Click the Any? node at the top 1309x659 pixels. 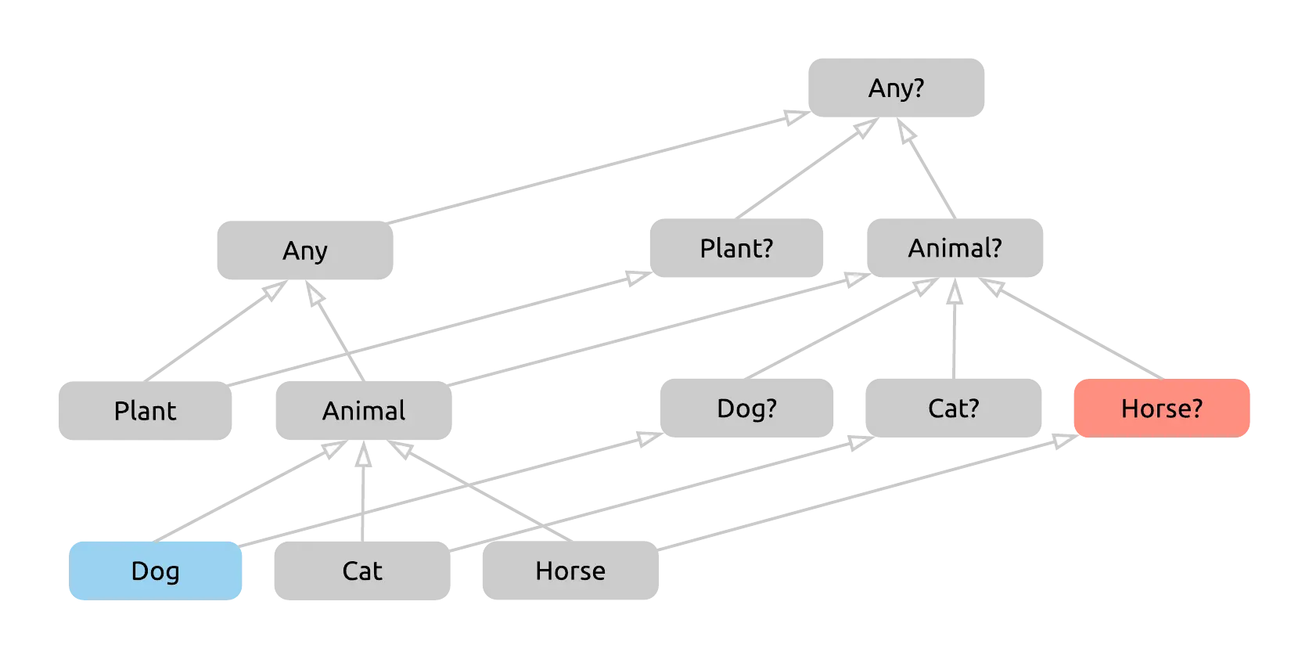coord(897,88)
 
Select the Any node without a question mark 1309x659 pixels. coord(304,250)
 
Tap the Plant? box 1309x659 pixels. coord(735,248)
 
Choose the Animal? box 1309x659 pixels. coord(954,248)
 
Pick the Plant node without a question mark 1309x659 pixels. coord(146,410)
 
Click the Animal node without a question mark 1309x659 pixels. coord(365,410)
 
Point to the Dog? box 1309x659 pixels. coord(747,408)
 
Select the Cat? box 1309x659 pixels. coord(954,408)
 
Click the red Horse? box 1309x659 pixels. coord(1161,408)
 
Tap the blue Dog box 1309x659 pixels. coord(156,571)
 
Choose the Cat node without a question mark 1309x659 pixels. coord(361,571)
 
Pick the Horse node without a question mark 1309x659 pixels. coord(571,571)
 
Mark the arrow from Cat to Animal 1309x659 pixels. coord(362,493)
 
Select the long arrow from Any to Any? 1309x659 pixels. coord(599,167)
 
